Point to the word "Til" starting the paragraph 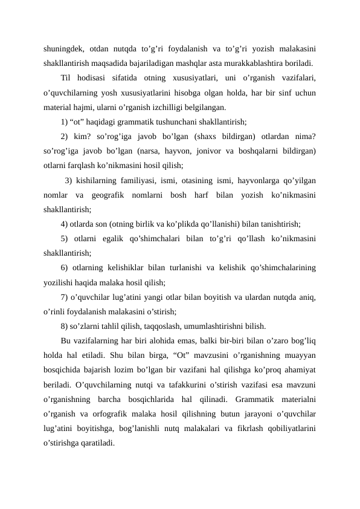[x=66, y=77]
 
